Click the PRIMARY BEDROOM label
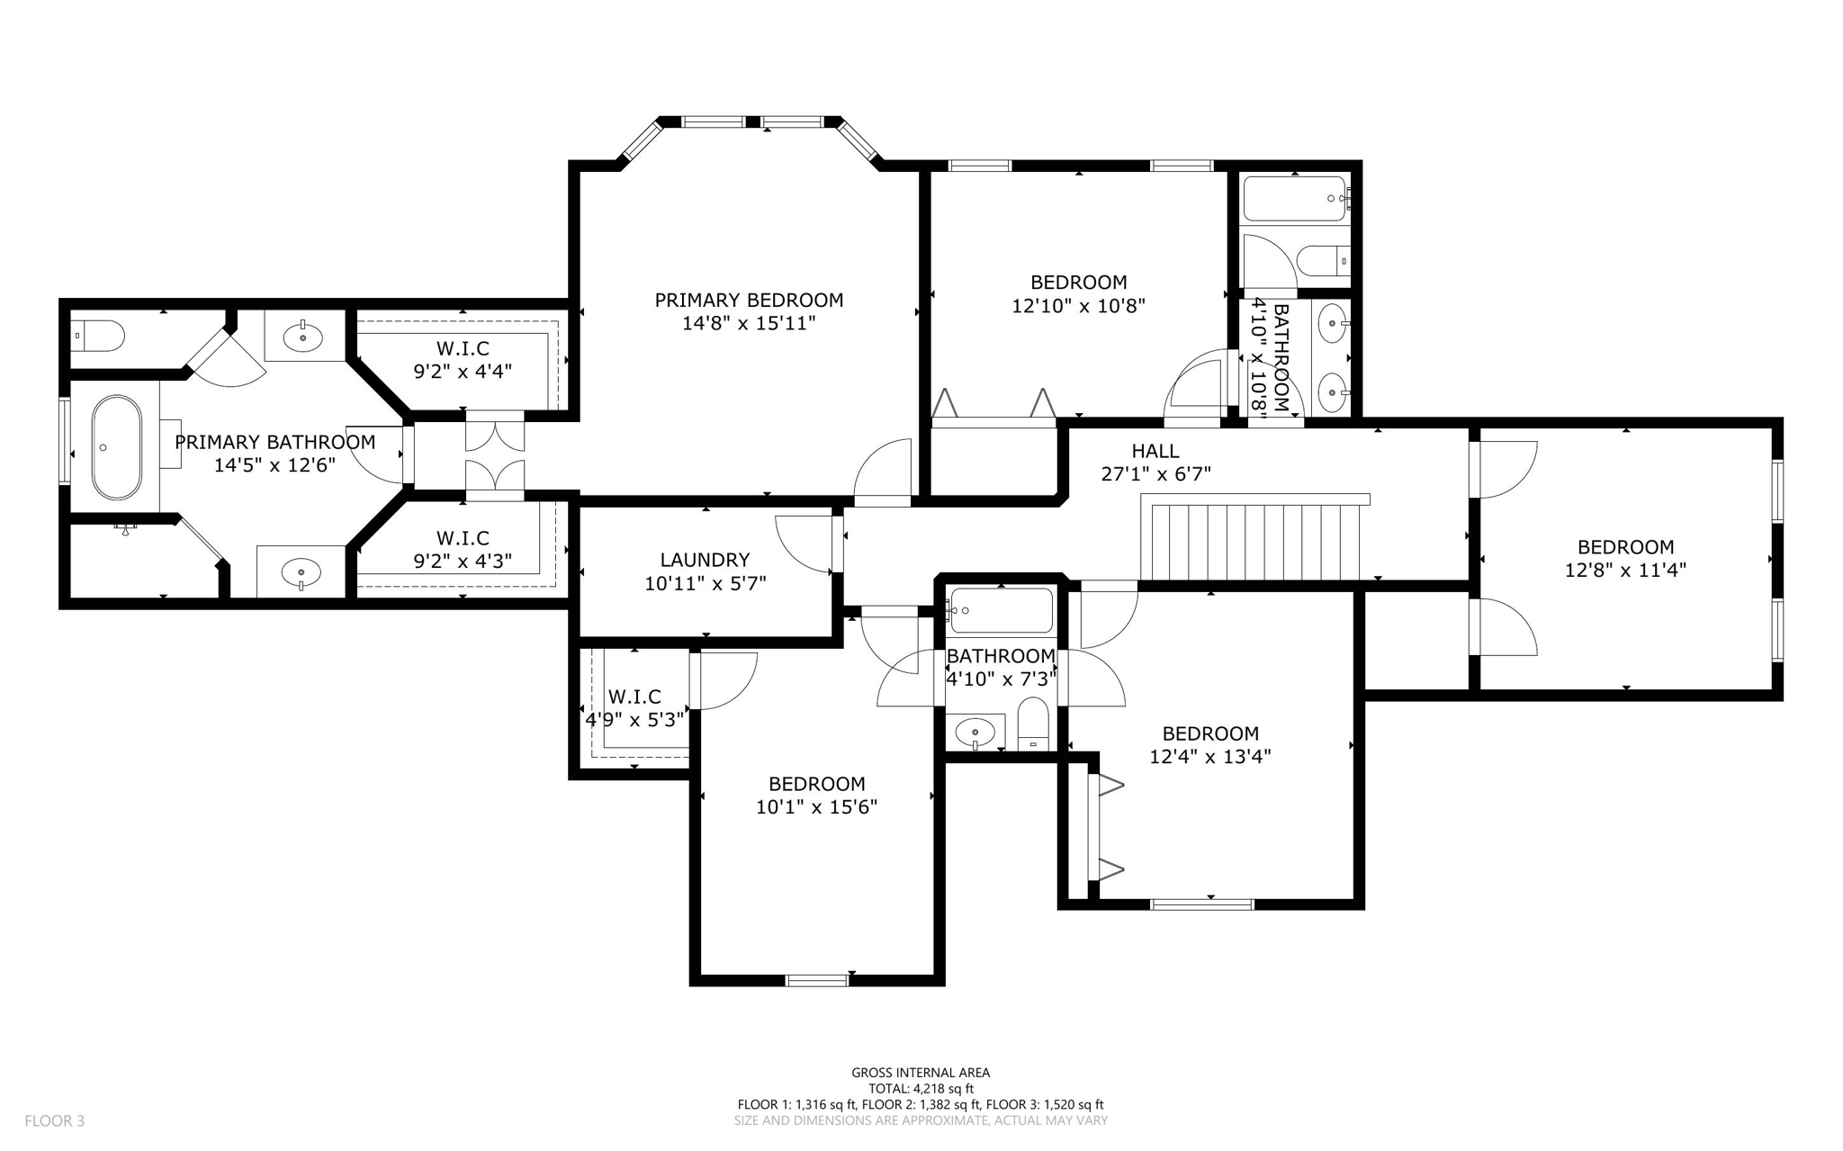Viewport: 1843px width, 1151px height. click(x=749, y=300)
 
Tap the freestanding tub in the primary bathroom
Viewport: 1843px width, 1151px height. click(x=117, y=447)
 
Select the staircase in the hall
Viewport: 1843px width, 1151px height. click(x=1254, y=540)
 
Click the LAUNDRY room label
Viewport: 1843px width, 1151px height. click(x=705, y=560)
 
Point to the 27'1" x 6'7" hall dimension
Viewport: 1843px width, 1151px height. click(x=1155, y=473)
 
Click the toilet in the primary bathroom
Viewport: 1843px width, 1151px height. click(x=99, y=337)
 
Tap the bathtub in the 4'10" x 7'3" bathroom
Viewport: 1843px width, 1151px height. click(x=1001, y=611)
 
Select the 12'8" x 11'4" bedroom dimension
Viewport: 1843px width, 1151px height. click(x=1625, y=570)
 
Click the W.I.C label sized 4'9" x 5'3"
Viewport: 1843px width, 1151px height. click(x=634, y=697)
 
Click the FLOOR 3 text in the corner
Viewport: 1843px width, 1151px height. click(x=54, y=1120)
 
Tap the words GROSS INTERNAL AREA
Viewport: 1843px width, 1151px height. click(x=921, y=1072)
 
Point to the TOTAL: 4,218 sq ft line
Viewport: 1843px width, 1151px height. click(x=921, y=1088)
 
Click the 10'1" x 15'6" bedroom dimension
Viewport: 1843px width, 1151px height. click(x=816, y=807)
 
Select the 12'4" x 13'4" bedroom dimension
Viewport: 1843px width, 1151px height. click(x=1209, y=757)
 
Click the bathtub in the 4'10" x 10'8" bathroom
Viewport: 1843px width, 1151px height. click(x=1295, y=199)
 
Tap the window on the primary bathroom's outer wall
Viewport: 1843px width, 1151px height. click(x=65, y=441)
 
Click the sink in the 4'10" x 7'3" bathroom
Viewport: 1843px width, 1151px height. click(x=975, y=733)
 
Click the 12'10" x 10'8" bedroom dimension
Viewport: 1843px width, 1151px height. click(x=1078, y=306)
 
